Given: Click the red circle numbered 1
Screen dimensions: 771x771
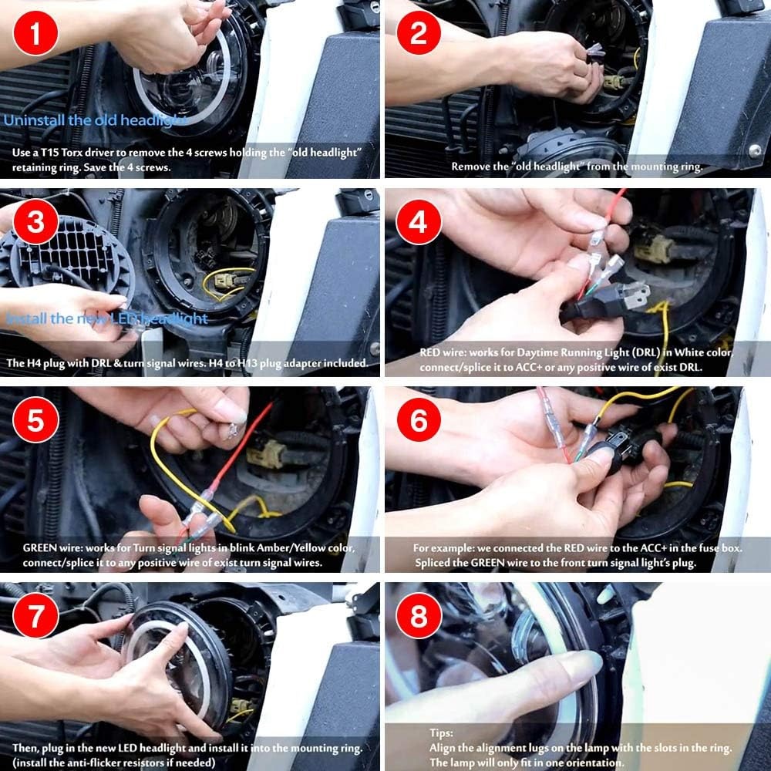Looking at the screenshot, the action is pyautogui.click(x=35, y=33).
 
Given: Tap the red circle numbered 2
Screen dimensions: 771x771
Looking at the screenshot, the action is pyautogui.click(x=419, y=32).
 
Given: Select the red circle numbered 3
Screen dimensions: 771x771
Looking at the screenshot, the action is pyautogui.click(x=36, y=221).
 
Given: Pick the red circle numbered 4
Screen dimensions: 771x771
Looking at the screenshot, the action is pyautogui.click(x=418, y=222).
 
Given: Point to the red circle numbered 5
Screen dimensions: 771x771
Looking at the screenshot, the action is pyautogui.click(x=35, y=420).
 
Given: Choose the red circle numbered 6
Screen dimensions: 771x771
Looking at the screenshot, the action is pyautogui.click(x=419, y=420).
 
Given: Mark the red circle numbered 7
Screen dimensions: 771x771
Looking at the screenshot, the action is pyautogui.click(x=35, y=615).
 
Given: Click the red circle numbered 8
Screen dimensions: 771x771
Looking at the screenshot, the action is pyautogui.click(x=419, y=615).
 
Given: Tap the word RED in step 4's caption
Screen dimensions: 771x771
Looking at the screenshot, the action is pyautogui.click(x=431, y=352).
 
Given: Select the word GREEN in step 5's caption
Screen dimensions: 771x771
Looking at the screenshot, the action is pyautogui.click(x=40, y=547).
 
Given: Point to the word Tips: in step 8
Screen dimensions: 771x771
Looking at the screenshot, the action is pyautogui.click(x=441, y=732).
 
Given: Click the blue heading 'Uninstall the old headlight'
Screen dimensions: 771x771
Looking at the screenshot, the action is pyautogui.click(x=94, y=120).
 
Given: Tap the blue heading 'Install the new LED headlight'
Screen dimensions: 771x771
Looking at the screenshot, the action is pyautogui.click(x=106, y=318).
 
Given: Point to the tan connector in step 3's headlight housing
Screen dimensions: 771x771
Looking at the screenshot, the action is pyautogui.click(x=224, y=281).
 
